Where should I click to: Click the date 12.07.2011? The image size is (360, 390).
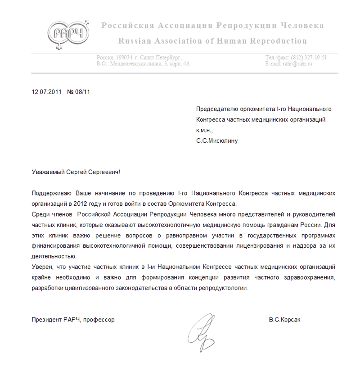[x=46, y=92]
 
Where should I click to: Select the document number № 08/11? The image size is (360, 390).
[x=79, y=92]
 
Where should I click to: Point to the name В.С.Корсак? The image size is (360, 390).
[x=284, y=320]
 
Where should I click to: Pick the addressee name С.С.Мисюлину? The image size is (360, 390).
[x=217, y=141]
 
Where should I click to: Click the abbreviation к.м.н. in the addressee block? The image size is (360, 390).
[x=203, y=130]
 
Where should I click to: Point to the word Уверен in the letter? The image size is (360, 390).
[x=42, y=267]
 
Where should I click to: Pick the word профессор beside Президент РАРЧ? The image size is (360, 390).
[x=99, y=320]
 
